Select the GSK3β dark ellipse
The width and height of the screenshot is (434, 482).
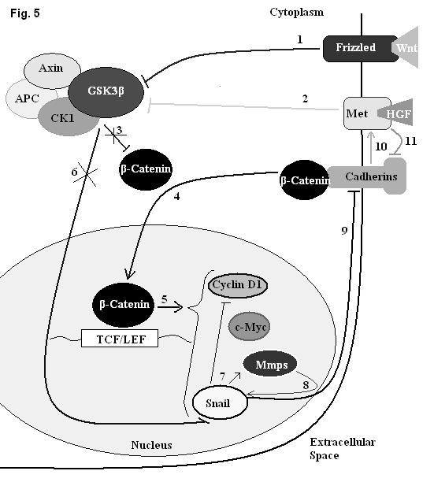click(106, 92)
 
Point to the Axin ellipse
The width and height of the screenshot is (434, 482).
click(52, 70)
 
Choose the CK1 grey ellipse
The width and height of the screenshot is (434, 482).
click(65, 117)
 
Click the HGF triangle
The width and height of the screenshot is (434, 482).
click(397, 113)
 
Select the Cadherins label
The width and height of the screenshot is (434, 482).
click(371, 176)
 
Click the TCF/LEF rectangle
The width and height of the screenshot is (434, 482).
click(120, 338)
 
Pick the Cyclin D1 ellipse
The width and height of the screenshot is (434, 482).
click(238, 285)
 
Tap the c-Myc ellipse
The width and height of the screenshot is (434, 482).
click(249, 327)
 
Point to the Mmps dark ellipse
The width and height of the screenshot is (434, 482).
click(270, 365)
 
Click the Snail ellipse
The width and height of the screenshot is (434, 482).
click(220, 403)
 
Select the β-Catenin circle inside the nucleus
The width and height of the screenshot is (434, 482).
click(123, 305)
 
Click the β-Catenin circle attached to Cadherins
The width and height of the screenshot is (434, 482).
click(305, 180)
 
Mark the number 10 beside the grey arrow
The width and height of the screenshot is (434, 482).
click(380, 146)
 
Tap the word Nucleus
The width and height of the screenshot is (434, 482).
click(151, 445)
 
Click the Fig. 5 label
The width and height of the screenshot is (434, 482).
click(25, 13)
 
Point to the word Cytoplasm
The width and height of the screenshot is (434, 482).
click(297, 13)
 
